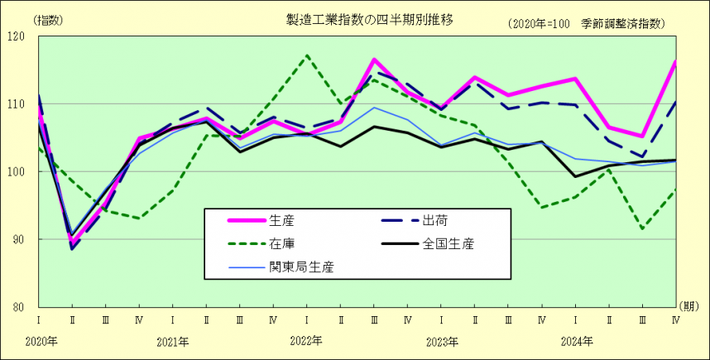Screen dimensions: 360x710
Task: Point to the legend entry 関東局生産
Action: pos(298,266)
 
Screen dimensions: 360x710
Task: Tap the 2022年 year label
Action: pos(308,340)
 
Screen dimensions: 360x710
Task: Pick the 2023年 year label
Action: pos(442,340)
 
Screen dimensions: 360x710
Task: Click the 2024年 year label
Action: pos(577,340)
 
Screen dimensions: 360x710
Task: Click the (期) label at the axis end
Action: pos(688,305)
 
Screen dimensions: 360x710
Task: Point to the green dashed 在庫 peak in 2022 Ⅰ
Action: pos(307,55)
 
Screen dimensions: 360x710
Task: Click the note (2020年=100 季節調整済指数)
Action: pos(588,24)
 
